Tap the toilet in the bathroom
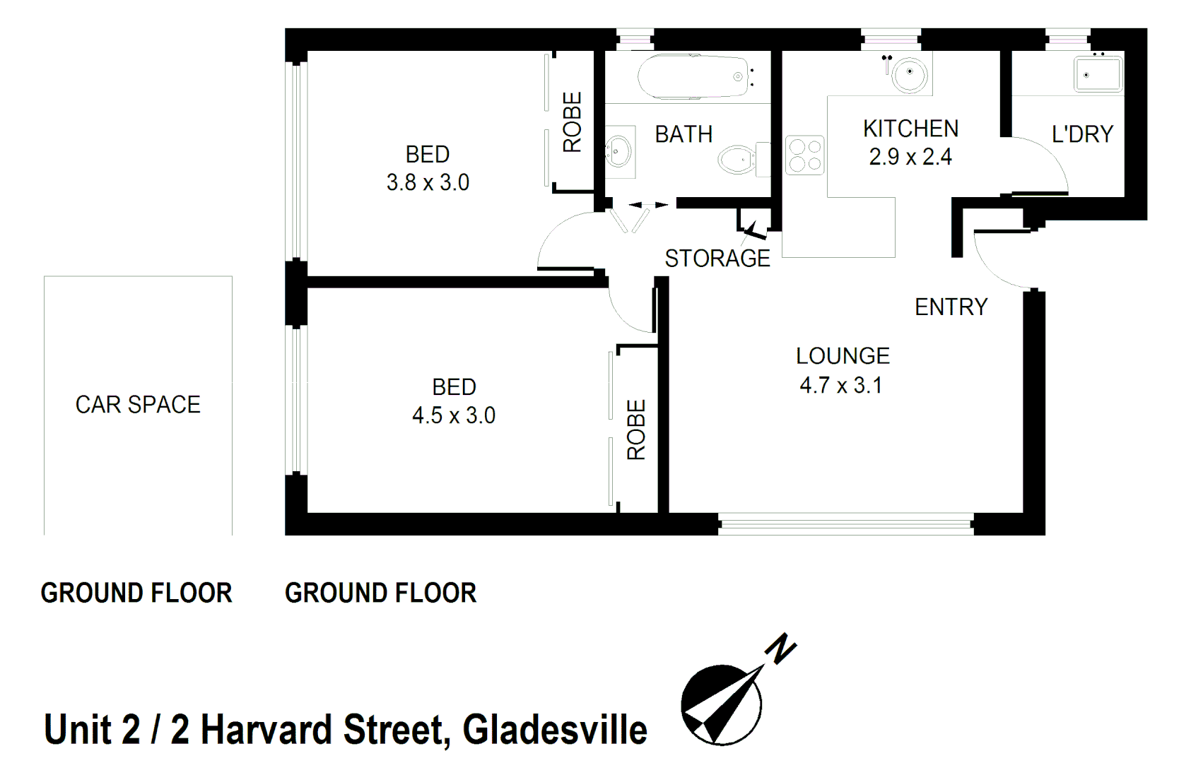pyautogui.click(x=737, y=159)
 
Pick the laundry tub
pyautogui.click(x=1098, y=73)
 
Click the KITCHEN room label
pyautogui.click(x=910, y=129)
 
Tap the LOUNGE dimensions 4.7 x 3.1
pyautogui.click(x=840, y=386)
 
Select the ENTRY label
pyautogui.click(x=951, y=307)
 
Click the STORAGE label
pyautogui.click(x=717, y=259)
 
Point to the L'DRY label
pyautogui.click(x=1082, y=134)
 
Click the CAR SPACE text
pyautogui.click(x=138, y=405)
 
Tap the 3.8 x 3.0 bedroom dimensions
pyautogui.click(x=428, y=183)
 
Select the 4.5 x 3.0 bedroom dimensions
pyautogui.click(x=454, y=415)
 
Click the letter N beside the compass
pyautogui.click(x=781, y=649)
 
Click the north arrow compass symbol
pyautogui.click(x=721, y=704)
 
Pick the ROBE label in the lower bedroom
pyautogui.click(x=636, y=430)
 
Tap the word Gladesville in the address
pyautogui.click(x=555, y=730)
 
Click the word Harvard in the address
pyautogui.click(x=266, y=730)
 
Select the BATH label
pyautogui.click(x=683, y=134)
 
